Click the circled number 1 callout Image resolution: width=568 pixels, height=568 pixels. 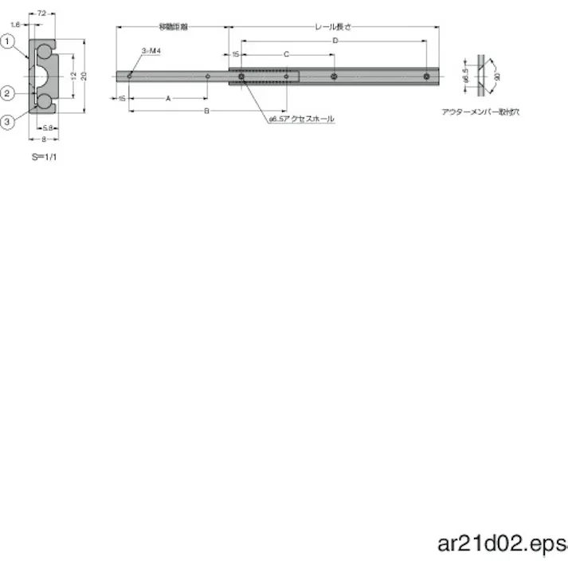(x=7, y=41)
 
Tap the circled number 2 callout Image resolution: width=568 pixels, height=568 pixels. (x=7, y=94)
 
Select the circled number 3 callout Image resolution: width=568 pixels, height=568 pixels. (x=7, y=121)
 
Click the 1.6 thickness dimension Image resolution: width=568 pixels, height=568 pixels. (x=16, y=25)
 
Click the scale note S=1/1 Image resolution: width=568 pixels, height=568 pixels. (x=44, y=157)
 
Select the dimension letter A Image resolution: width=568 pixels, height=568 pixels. (x=167, y=99)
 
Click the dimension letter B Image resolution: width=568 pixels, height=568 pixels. (x=206, y=112)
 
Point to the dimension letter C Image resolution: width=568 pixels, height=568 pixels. (x=286, y=54)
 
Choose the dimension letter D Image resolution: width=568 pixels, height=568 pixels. (x=335, y=40)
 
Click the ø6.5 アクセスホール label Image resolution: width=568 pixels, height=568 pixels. (x=301, y=119)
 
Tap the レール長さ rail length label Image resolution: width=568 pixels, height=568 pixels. (x=332, y=26)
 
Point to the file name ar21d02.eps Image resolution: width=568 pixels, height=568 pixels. (x=500, y=544)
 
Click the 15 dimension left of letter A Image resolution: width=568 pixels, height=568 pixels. (x=122, y=99)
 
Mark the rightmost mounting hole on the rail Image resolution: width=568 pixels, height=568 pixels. (x=427, y=77)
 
